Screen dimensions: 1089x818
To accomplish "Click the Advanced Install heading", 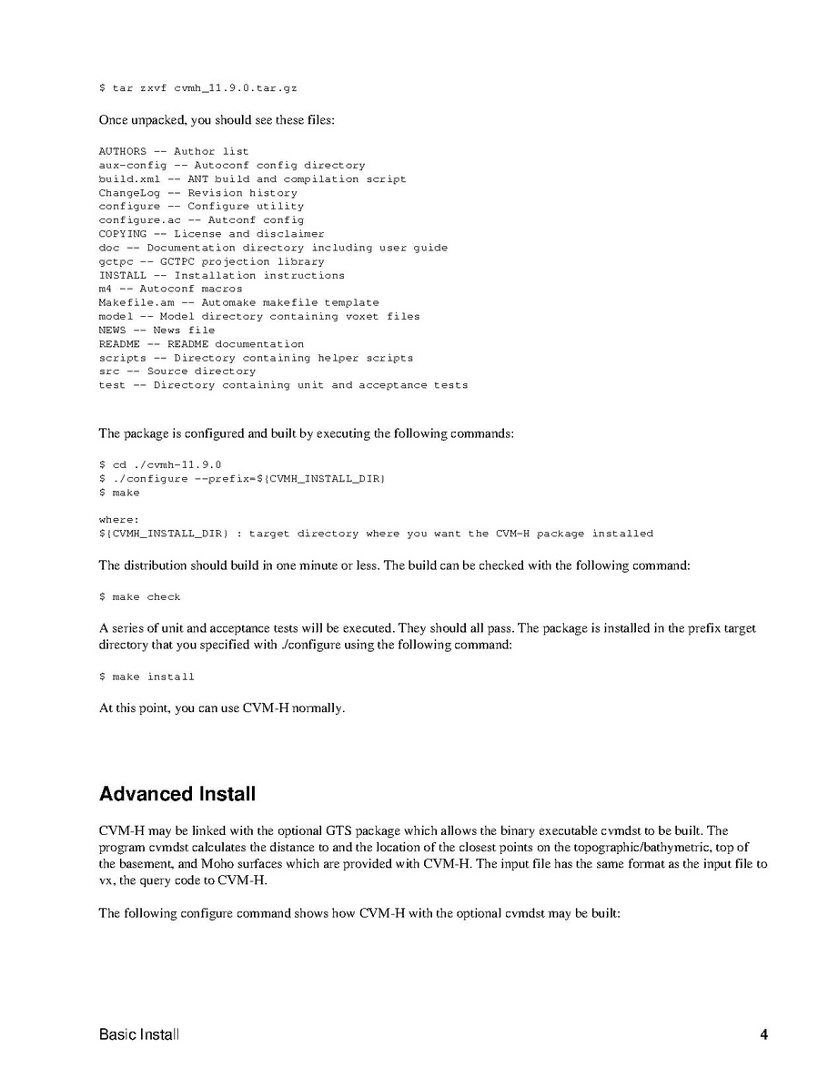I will [177, 794].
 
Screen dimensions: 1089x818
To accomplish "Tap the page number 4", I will [763, 1034].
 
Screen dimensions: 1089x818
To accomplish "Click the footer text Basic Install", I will [139, 1034].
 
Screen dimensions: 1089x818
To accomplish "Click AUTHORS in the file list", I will [122, 151].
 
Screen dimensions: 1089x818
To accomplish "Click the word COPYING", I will [122, 234].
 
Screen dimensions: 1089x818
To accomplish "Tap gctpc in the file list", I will [116, 261].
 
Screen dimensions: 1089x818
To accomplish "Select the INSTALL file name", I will [122, 275].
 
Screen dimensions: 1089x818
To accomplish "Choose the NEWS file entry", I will [112, 330].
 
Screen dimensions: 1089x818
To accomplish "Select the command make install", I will [153, 677].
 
